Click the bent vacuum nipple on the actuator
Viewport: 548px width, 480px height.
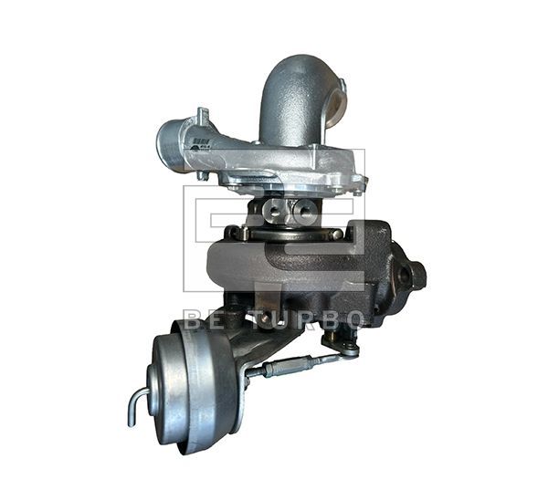[136, 404]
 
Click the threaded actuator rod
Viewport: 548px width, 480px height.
[292, 366]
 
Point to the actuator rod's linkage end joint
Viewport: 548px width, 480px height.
[347, 347]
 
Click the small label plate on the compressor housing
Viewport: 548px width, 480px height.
[202, 143]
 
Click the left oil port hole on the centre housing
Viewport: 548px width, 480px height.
[272, 212]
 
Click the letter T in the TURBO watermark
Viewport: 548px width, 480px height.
[246, 319]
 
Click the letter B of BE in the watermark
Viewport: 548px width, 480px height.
[191, 319]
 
